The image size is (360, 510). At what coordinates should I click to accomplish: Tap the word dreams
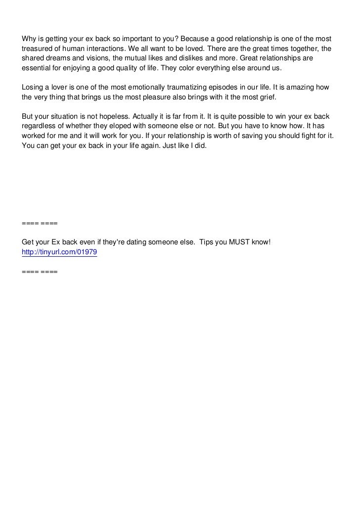57,58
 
